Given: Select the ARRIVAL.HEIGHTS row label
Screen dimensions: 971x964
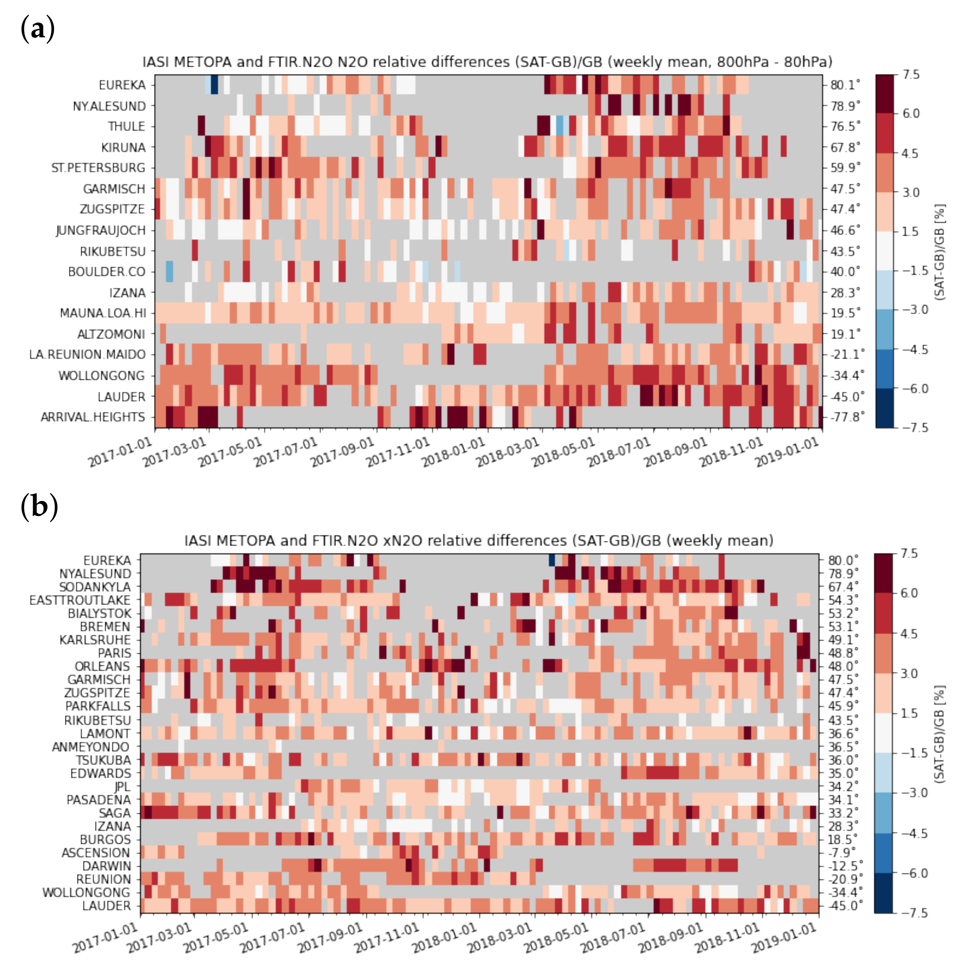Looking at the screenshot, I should (93, 417).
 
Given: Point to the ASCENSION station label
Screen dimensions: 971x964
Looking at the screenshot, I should (96, 853).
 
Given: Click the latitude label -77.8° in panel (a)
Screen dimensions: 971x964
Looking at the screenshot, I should (847, 417).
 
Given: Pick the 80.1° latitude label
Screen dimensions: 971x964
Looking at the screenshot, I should (845, 85).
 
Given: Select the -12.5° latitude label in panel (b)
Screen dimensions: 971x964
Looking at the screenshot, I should (845, 866).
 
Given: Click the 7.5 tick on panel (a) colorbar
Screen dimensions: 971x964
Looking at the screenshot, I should (911, 75).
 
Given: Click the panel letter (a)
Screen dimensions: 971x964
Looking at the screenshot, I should (38, 29).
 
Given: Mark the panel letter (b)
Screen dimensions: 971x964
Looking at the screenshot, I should (39, 506).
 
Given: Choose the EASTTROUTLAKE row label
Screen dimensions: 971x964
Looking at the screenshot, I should (79, 600).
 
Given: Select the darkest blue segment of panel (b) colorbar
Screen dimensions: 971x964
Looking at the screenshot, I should (883, 893).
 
